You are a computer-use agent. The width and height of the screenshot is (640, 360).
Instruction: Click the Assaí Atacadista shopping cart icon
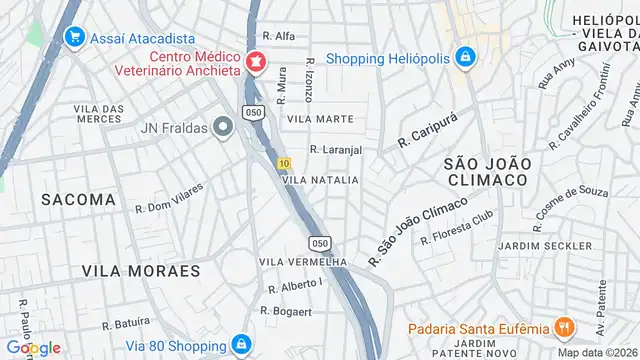(x=73, y=37)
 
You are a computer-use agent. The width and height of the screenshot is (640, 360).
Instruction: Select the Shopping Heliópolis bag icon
(x=464, y=59)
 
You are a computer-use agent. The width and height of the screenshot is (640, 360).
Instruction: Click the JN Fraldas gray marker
(x=223, y=126)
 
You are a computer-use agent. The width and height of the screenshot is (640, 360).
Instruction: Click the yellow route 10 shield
(x=285, y=163)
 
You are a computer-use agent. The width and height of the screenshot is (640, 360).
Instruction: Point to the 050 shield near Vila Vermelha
(x=320, y=242)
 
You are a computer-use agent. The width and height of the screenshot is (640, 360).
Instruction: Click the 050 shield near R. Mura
(x=255, y=113)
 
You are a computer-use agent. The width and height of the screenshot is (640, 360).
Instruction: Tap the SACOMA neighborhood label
(x=79, y=199)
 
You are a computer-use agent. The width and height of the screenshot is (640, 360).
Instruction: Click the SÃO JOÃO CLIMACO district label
(x=485, y=170)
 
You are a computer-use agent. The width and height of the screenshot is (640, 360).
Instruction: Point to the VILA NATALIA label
(x=320, y=180)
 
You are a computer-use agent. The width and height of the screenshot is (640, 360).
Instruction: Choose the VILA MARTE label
(x=320, y=119)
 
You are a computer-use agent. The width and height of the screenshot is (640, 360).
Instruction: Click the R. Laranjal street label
(x=335, y=150)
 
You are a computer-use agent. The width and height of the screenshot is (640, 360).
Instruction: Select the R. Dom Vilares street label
(x=169, y=197)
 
